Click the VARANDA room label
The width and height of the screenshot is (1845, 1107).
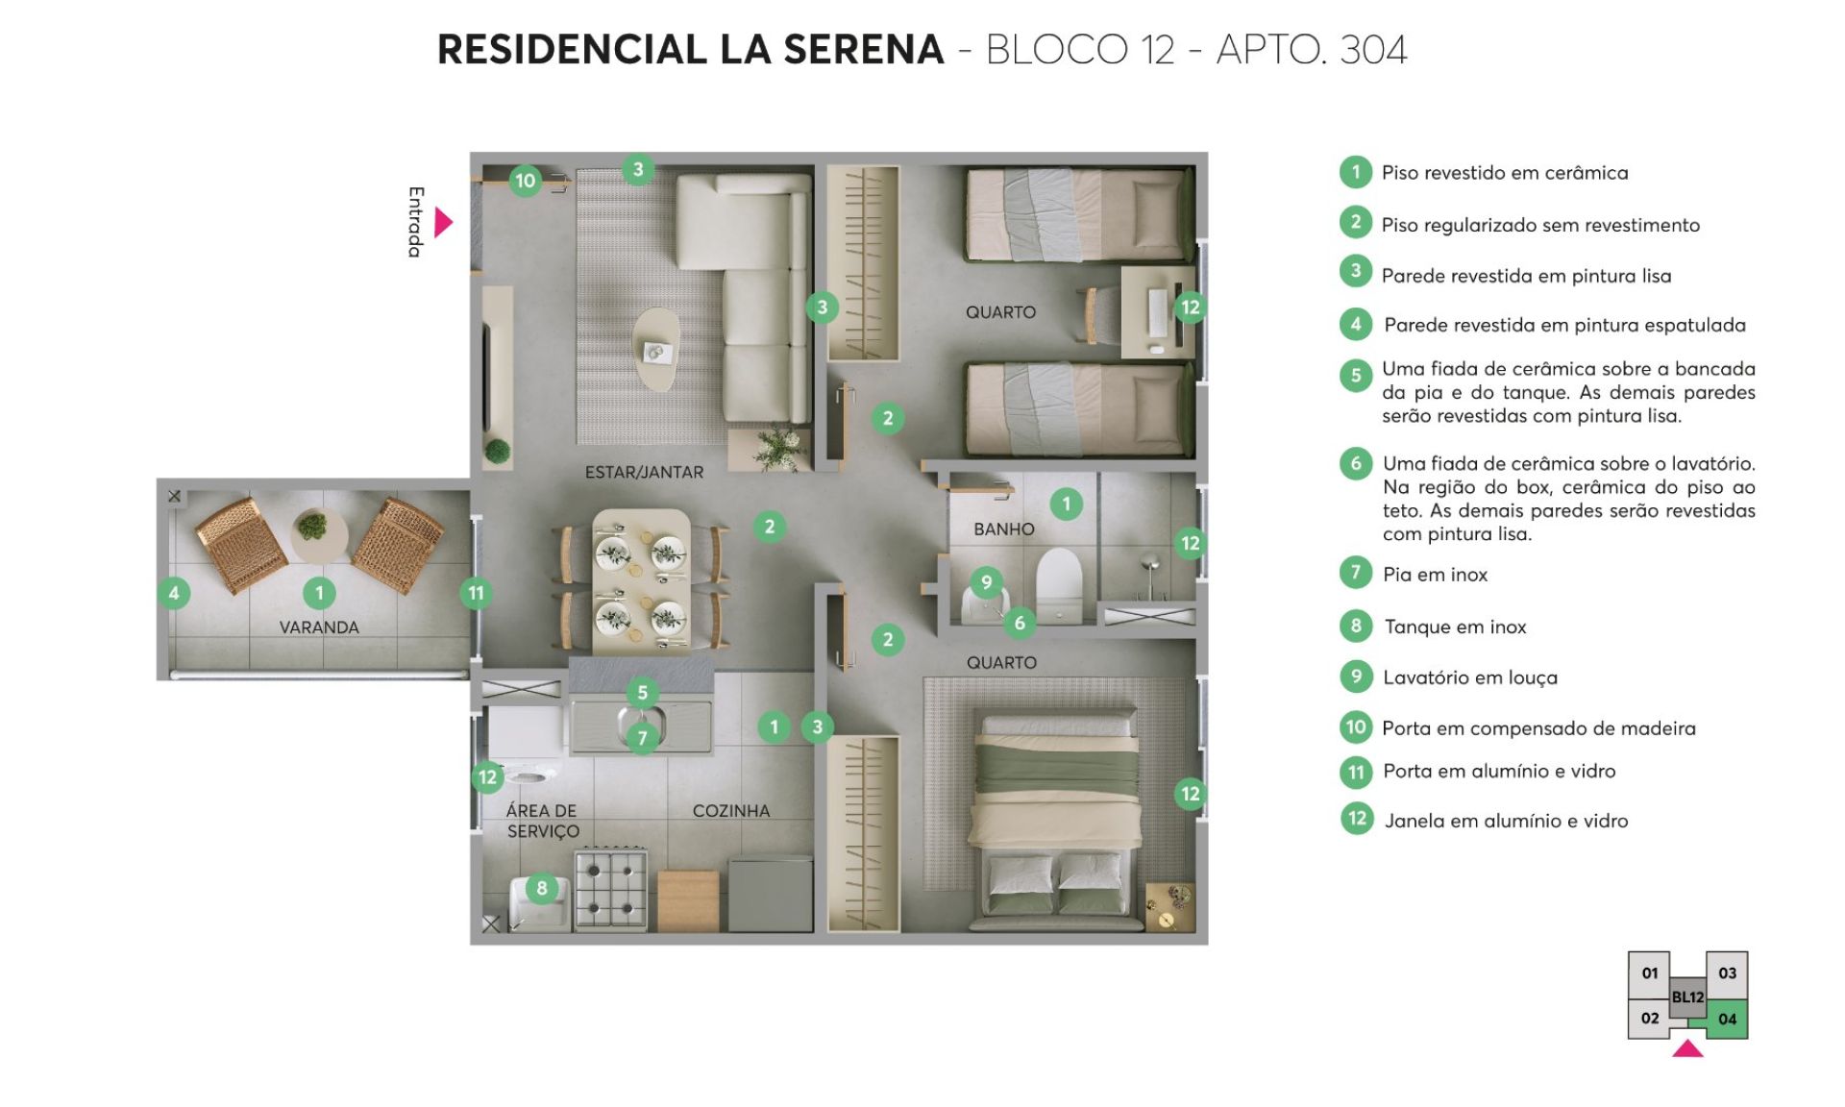click(x=319, y=627)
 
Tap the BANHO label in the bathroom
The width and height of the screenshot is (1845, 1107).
click(x=1004, y=529)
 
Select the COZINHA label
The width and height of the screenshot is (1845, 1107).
click(x=731, y=811)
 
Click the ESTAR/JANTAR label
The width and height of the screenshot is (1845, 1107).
click(x=644, y=473)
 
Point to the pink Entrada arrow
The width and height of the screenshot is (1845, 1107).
click(x=443, y=222)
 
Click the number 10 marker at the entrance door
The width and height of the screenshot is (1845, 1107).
click(x=525, y=181)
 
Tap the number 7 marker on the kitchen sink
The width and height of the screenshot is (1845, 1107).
click(x=643, y=738)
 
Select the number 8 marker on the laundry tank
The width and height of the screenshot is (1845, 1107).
click(x=542, y=889)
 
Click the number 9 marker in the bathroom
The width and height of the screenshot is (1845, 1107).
click(x=987, y=581)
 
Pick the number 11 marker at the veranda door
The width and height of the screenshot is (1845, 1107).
click(x=476, y=593)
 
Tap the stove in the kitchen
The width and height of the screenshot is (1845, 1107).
click(x=610, y=889)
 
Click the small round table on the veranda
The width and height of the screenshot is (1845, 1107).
click(x=318, y=534)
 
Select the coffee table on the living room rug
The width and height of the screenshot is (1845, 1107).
click(x=655, y=349)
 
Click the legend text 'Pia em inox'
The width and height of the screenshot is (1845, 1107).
click(x=1435, y=575)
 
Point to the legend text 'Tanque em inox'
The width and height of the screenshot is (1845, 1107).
click(x=1455, y=627)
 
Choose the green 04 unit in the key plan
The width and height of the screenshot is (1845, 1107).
click(x=1727, y=1020)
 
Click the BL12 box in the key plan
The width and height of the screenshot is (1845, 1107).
click(x=1687, y=997)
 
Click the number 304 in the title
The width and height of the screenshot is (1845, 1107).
click(x=1373, y=50)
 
